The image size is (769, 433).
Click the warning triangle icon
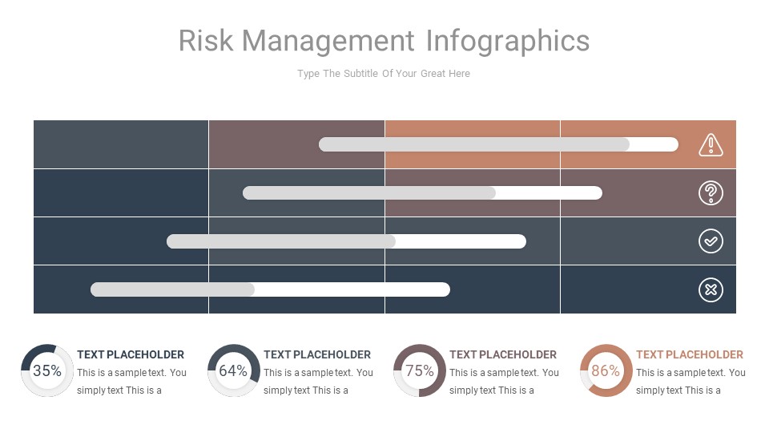[711, 144]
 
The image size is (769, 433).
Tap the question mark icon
[711, 193]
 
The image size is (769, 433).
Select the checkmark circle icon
[711, 241]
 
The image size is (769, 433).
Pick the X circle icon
[711, 289]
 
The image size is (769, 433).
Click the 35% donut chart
[47, 370]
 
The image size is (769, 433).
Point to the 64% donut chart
[233, 370]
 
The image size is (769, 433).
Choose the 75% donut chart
[419, 370]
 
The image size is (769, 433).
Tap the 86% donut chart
[606, 370]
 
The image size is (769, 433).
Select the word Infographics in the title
[508, 41]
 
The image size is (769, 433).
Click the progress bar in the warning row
[498, 144]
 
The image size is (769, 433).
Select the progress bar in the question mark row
[422, 193]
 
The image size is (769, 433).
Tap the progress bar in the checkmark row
[346, 241]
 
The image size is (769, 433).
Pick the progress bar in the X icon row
[270, 289]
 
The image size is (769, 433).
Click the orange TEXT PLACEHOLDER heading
[690, 354]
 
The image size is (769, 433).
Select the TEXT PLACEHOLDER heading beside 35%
[131, 354]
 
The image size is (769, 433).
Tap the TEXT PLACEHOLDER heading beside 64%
[317, 354]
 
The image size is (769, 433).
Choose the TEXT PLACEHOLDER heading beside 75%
[503, 354]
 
